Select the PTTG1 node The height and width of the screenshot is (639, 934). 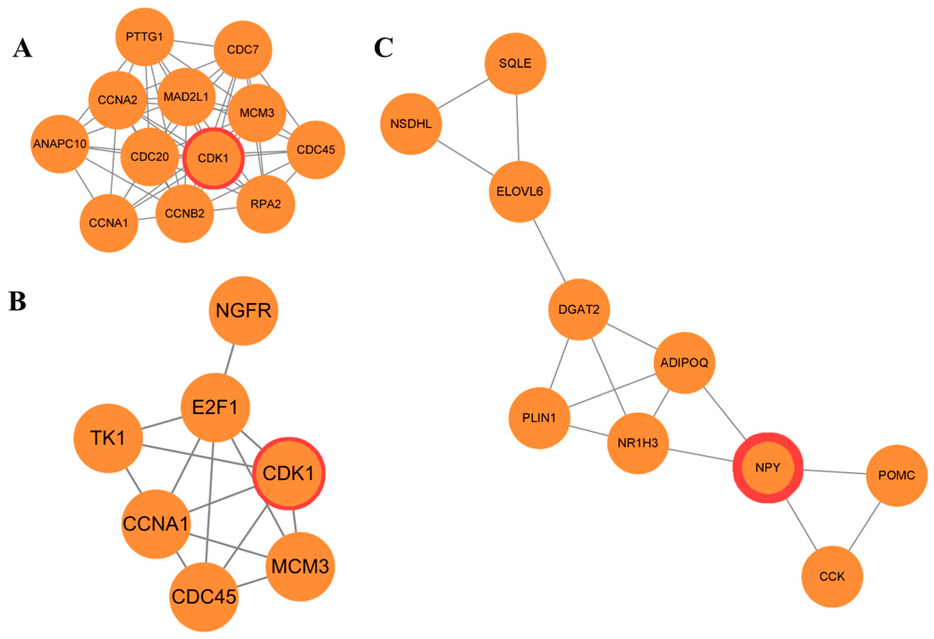click(x=144, y=37)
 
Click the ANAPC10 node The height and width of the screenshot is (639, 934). click(x=60, y=144)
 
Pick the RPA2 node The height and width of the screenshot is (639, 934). click(x=266, y=204)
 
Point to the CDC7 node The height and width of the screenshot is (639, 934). click(x=243, y=50)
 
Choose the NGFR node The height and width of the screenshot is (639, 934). click(x=243, y=311)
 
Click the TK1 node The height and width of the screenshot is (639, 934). click(x=108, y=438)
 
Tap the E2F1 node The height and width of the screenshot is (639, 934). click(x=215, y=407)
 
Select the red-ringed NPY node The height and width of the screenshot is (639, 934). click(x=768, y=468)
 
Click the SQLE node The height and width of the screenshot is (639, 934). click(x=515, y=63)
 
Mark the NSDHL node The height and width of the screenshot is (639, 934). click(x=411, y=124)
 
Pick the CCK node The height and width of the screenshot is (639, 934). click(x=832, y=576)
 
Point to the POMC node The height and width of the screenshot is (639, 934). click(x=896, y=475)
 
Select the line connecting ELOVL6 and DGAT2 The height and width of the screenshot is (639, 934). click(x=549, y=250)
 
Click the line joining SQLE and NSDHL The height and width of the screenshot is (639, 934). click(x=463, y=94)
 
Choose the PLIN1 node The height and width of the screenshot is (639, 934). click(x=539, y=418)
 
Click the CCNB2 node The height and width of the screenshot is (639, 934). click(x=185, y=214)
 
